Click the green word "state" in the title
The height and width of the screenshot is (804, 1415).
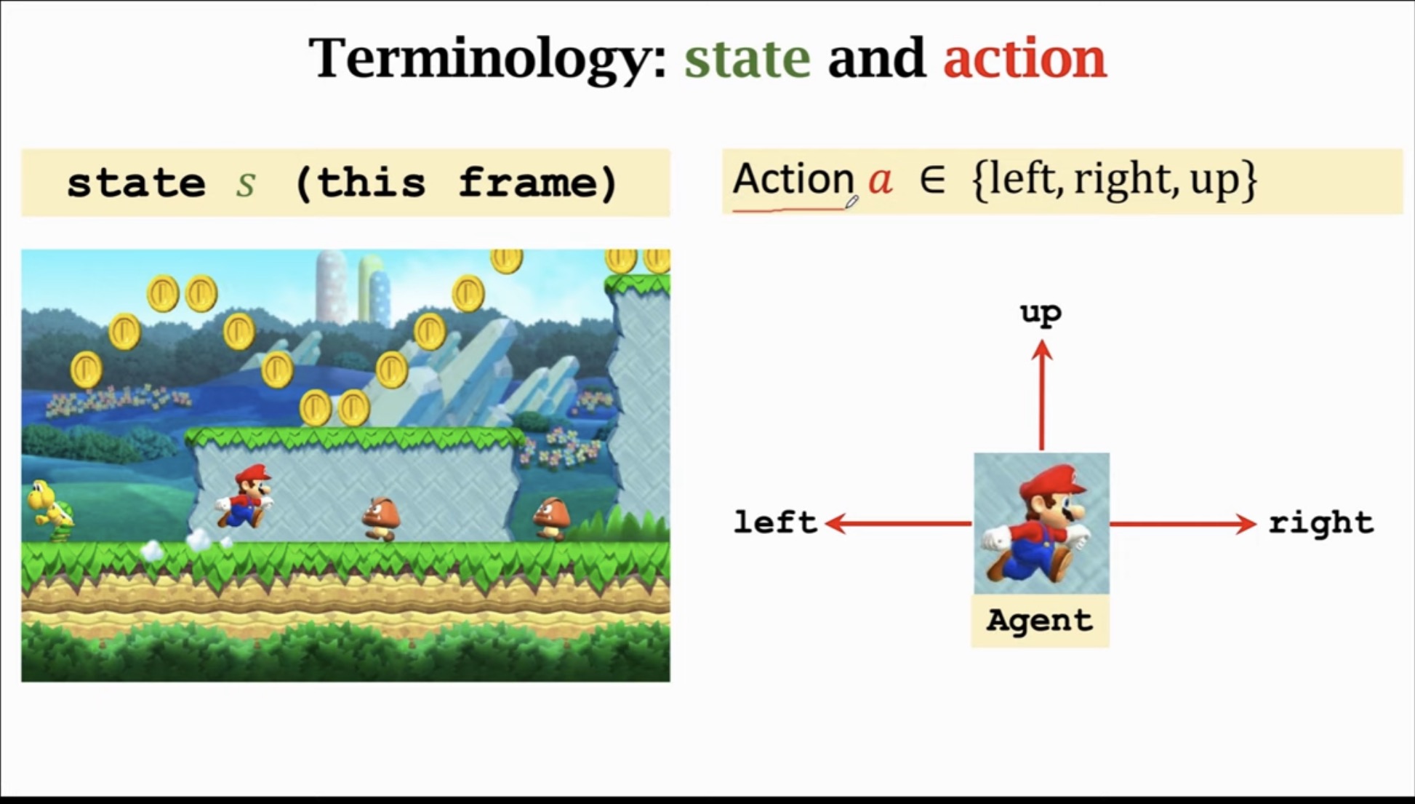pos(747,58)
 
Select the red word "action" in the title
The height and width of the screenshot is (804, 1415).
pos(1025,58)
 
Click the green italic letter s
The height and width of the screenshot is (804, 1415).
pos(246,183)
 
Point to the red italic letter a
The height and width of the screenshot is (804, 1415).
pos(881,179)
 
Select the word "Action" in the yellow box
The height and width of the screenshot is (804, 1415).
pos(793,179)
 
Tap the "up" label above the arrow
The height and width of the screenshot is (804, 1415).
pos(1041,314)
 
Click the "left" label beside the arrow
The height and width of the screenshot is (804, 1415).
pos(775,522)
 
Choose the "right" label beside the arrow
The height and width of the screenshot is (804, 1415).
pos(1321,522)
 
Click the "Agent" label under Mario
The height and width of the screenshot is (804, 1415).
pos(1040,621)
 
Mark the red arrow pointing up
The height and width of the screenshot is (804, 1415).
pos(1042,397)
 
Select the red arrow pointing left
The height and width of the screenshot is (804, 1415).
pos(899,523)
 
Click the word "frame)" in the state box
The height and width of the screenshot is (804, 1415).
pos(538,183)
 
